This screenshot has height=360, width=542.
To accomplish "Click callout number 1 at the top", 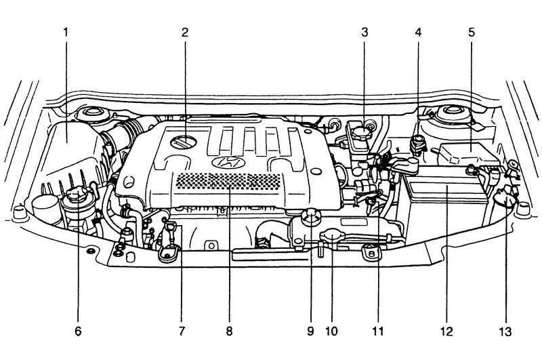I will coord(66,32).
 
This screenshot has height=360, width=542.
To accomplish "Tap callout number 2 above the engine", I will coord(185,32).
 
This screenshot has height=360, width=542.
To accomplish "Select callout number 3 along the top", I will coord(364,32).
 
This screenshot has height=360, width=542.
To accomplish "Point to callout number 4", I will coord(418,32).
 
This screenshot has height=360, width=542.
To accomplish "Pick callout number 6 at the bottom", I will coord(77,332).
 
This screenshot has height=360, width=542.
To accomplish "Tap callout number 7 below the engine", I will coord(182,332).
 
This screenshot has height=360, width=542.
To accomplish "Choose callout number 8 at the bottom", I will coord(229,332).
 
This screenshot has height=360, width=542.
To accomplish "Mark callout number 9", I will coord(311,332).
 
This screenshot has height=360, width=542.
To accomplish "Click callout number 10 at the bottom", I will coord(331,332).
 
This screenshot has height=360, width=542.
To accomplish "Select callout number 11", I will coord(378,332).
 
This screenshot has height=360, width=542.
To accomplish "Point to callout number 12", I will coord(446,332).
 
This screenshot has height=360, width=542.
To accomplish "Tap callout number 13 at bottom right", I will coord(505,332).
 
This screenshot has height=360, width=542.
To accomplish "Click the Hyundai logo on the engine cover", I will coord(226,163).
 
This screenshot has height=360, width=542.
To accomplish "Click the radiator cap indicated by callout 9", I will coord(311,218).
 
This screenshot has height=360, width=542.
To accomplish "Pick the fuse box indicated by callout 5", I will coord(467,153).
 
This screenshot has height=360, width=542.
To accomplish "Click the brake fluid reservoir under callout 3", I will coord(362,133).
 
